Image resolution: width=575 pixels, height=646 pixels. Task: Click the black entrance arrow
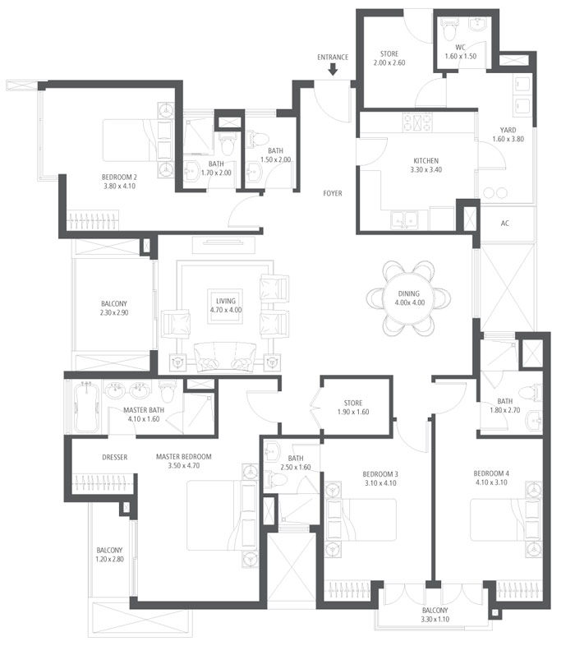(x=333, y=70)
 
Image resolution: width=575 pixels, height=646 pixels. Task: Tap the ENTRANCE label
(x=333, y=58)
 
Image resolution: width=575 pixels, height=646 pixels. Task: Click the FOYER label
(x=333, y=193)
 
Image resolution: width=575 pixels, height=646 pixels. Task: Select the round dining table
(x=408, y=298)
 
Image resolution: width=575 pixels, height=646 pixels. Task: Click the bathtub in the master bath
(x=86, y=406)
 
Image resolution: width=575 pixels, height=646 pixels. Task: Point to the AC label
(x=505, y=224)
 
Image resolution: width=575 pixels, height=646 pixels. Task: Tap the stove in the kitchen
(x=417, y=122)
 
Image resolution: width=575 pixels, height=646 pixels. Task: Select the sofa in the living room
(x=225, y=358)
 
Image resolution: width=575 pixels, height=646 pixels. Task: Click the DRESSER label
(x=114, y=457)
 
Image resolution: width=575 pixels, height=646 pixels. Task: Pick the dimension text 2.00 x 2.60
(x=389, y=62)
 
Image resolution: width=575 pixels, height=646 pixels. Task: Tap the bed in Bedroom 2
(x=136, y=140)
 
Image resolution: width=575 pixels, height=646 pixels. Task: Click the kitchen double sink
(x=404, y=221)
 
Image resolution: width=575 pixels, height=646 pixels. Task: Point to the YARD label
(x=508, y=130)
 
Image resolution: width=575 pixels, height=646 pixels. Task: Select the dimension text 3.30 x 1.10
(x=435, y=619)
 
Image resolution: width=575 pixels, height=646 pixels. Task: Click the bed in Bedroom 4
(x=505, y=520)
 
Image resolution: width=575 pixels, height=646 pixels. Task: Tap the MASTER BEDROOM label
(x=184, y=456)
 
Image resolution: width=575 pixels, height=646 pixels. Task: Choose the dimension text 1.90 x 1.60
(x=353, y=412)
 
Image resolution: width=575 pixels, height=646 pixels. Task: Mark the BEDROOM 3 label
(x=380, y=474)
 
